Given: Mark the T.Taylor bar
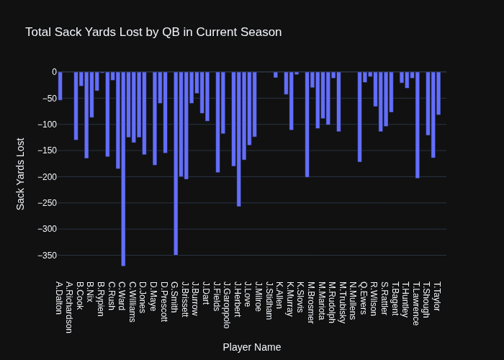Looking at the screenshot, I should [438, 93].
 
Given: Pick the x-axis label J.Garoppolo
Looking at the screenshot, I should [226, 305].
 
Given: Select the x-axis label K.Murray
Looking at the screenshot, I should [289, 299].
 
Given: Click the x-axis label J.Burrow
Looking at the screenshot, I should [194, 298].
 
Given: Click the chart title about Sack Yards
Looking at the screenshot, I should [153, 32].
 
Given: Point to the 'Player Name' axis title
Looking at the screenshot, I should [252, 347].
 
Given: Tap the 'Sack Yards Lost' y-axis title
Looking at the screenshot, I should [21, 174].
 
